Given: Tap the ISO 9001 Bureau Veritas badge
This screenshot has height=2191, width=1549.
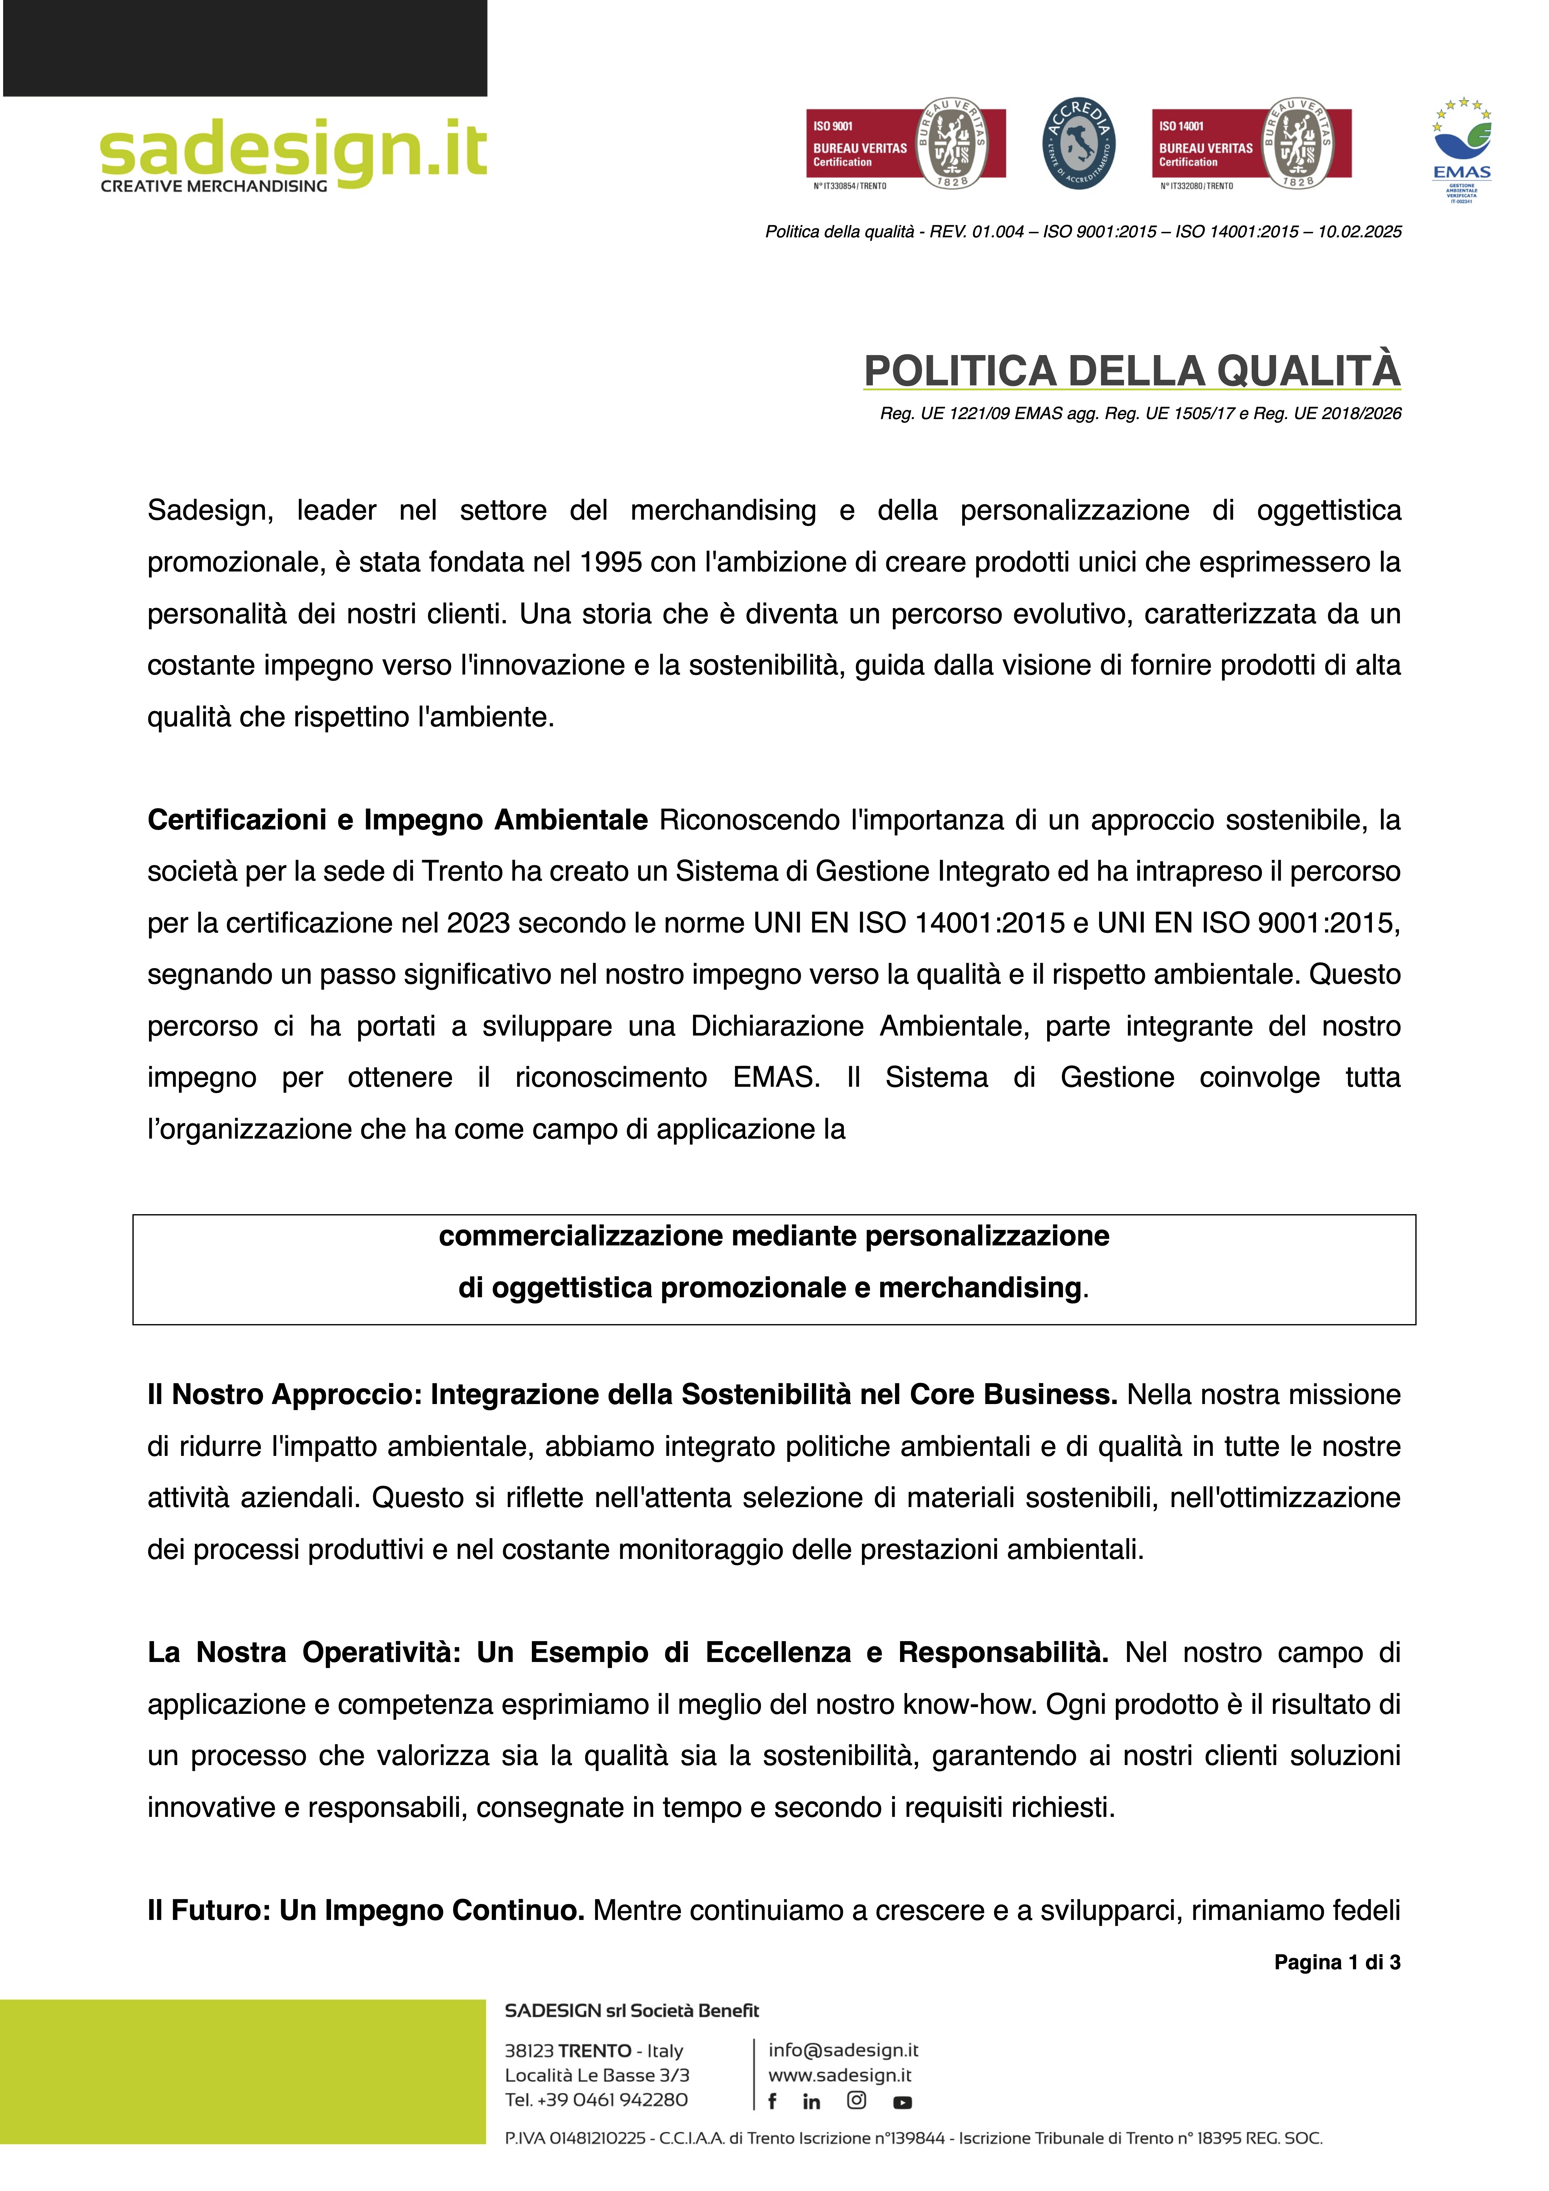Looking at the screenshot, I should click(905, 144).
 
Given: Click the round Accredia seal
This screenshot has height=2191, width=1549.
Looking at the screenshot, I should click(1078, 144).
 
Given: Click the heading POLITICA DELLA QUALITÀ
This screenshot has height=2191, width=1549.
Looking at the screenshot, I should click(1132, 371).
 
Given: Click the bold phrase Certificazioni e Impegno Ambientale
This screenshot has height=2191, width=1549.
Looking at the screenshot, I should click(397, 820).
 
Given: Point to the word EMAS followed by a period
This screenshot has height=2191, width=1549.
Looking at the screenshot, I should click(776, 1077).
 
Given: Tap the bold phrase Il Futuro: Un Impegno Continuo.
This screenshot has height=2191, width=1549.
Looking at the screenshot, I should click(365, 1911).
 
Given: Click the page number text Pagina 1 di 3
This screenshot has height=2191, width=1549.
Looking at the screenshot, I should click(1336, 1962).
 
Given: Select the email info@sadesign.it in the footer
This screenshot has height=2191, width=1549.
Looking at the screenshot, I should click(843, 2050).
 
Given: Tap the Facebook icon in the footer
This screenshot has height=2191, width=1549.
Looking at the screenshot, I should click(772, 2101).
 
